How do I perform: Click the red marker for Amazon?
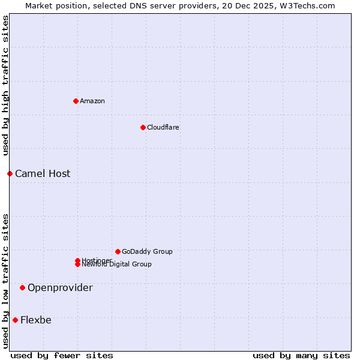tap(76, 101)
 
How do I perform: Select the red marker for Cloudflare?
tap(143, 127)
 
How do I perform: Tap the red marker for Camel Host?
tap(10, 173)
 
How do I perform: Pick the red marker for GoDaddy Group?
tap(118, 251)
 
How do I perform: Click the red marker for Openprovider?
tap(22, 287)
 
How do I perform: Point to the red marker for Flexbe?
tap(15, 320)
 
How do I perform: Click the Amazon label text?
tap(92, 101)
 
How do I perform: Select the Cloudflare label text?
tap(163, 127)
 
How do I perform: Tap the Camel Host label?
tap(43, 173)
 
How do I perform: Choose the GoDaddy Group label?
tap(147, 251)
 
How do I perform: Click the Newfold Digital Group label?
tap(117, 265)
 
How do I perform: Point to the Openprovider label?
tap(60, 287)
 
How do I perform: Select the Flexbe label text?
tap(36, 320)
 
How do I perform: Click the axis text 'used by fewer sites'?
tap(62, 355)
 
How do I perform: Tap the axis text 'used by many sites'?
tap(301, 355)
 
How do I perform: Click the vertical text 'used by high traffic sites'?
tap(5, 85)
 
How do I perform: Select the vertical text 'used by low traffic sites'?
tap(5, 280)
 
